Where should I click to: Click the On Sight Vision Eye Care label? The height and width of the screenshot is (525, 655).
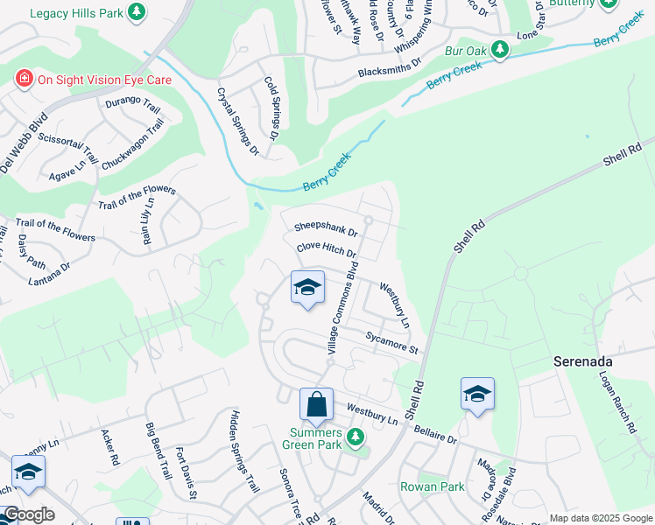(x=103, y=80)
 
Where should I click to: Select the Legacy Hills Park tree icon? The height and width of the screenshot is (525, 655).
(x=136, y=12)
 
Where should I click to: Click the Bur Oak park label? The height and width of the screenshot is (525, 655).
(x=465, y=50)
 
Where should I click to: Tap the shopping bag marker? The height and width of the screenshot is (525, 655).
(x=316, y=404)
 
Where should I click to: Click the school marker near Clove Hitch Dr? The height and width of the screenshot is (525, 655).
(x=307, y=287)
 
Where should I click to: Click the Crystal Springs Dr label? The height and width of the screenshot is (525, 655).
(x=238, y=121)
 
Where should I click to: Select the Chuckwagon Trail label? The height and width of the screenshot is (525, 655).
(x=133, y=144)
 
